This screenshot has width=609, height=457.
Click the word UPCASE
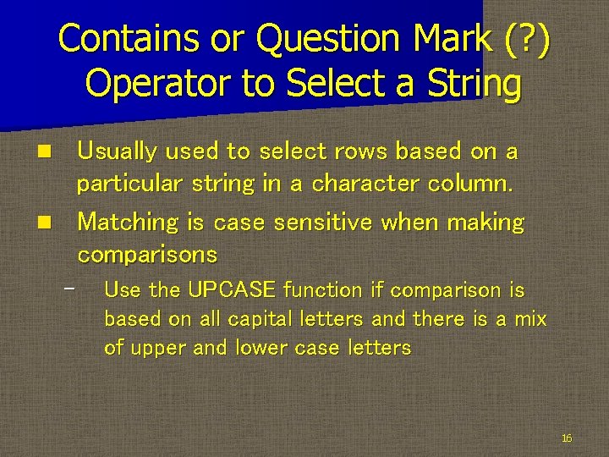232,290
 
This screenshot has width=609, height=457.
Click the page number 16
566,438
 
